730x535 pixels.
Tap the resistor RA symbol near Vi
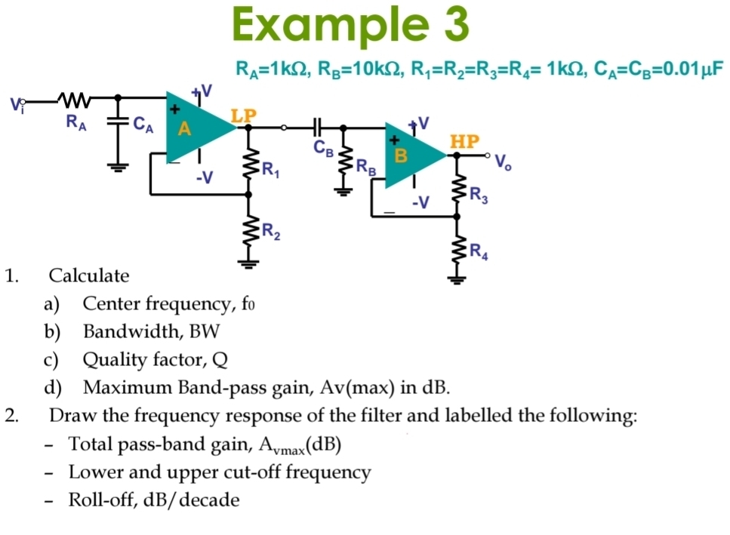[x=75, y=97]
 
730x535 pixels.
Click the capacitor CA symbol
[x=117, y=120]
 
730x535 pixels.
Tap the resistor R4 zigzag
[x=456, y=248]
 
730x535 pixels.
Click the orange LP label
[x=244, y=115]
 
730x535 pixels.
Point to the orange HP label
[x=464, y=140]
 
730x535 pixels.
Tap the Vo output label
[x=502, y=162]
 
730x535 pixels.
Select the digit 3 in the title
[x=455, y=25]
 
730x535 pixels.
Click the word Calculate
[x=88, y=275]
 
